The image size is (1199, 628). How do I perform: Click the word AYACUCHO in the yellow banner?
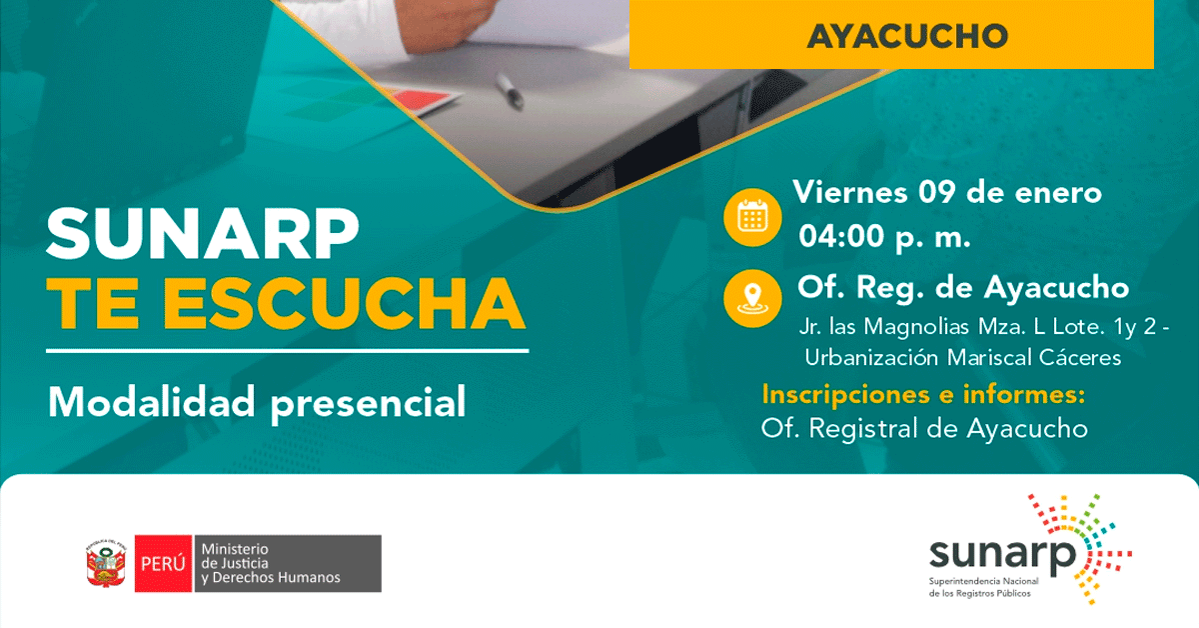click(907, 36)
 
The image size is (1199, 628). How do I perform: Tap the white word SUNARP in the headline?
click(202, 234)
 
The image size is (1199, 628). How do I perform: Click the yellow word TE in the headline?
click(92, 303)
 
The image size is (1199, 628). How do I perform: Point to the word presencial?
click(369, 403)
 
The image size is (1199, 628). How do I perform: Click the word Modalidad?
click(152, 401)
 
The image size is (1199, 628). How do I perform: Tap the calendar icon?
click(752, 218)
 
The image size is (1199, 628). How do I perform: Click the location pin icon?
click(752, 298)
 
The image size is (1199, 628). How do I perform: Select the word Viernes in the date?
click(850, 191)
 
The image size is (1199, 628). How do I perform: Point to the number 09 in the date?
click(937, 192)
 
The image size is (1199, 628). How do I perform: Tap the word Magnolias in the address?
click(916, 326)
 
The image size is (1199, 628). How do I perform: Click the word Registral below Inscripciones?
click(863, 428)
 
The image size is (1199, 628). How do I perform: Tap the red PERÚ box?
click(163, 563)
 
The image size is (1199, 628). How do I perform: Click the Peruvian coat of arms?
click(106, 563)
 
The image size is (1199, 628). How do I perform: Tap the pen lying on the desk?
click(510, 91)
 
